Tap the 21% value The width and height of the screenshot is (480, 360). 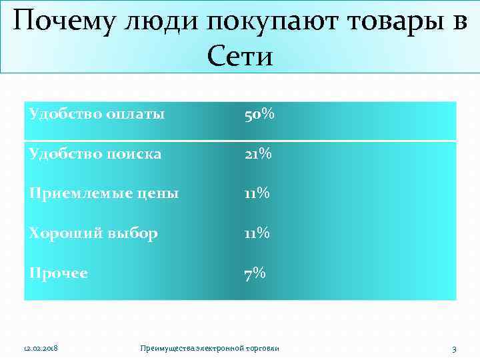pos(257,154)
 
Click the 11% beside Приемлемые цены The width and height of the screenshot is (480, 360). pos(257,194)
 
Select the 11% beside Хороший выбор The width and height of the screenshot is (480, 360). pos(257,233)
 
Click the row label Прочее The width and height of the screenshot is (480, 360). pos(59,273)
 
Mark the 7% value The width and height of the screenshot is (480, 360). pos(255,273)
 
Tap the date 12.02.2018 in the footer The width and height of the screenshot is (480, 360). pos(41,349)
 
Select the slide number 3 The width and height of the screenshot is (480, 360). pos(454,349)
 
